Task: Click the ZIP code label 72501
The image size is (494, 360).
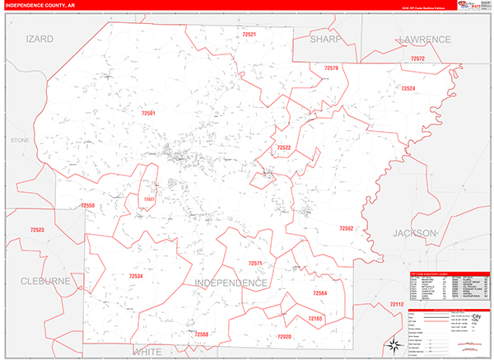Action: click(148, 112)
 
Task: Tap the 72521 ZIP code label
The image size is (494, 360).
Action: click(249, 35)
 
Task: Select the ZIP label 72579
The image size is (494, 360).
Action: click(331, 68)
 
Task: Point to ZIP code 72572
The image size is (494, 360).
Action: click(417, 59)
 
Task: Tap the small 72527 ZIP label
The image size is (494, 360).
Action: click(149, 199)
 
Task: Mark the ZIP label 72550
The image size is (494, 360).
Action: click(88, 206)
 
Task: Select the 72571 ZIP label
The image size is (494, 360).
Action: click(255, 264)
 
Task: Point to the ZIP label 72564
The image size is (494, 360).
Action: click(320, 293)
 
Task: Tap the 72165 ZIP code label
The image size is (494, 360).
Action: click(316, 318)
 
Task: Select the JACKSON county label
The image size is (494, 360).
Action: click(413, 233)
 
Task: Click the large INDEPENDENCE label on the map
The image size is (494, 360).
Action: click(231, 283)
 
